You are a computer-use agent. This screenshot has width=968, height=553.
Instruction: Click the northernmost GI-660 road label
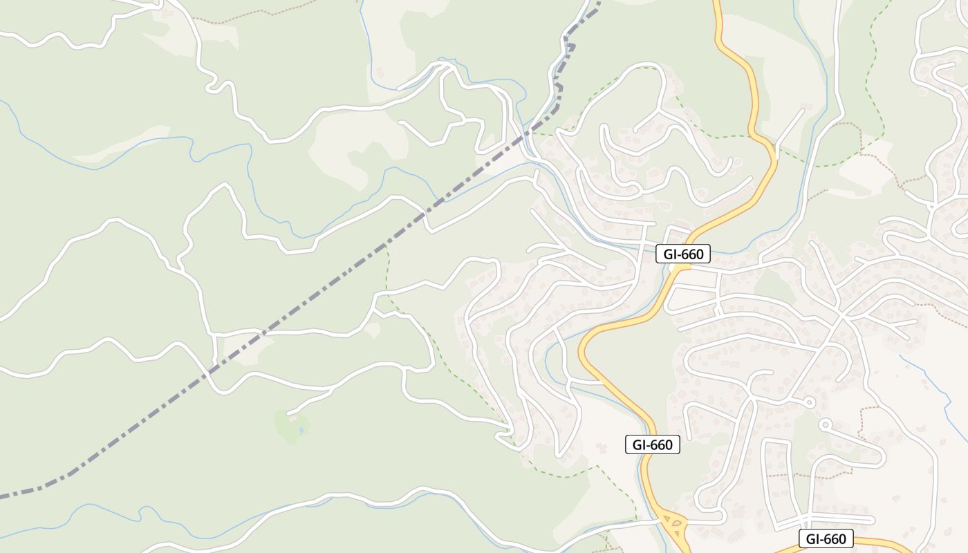tap(683, 254)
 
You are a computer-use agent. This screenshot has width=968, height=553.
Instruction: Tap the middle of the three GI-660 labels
tap(652, 444)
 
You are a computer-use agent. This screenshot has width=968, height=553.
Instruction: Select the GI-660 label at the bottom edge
tap(826, 539)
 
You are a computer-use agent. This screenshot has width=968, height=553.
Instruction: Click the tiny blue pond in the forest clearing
tap(301, 431)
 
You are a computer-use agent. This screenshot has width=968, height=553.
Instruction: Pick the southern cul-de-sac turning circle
tap(824, 424)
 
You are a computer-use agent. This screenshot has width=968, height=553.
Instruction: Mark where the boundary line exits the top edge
tap(597, 3)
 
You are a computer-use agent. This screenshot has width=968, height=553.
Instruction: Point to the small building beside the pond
tap(292, 418)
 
